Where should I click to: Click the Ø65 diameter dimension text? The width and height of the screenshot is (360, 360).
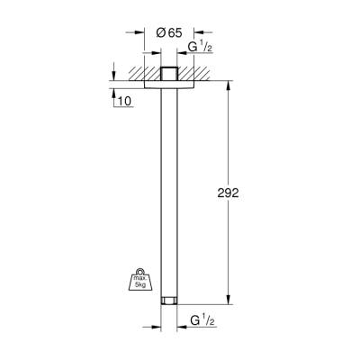(x=168, y=32)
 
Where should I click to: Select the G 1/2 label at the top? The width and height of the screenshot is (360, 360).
(x=199, y=47)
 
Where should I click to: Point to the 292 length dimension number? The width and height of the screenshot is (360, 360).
(x=231, y=193)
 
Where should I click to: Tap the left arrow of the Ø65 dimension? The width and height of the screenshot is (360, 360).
(x=145, y=32)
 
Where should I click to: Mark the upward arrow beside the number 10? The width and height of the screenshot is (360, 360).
(x=113, y=94)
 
